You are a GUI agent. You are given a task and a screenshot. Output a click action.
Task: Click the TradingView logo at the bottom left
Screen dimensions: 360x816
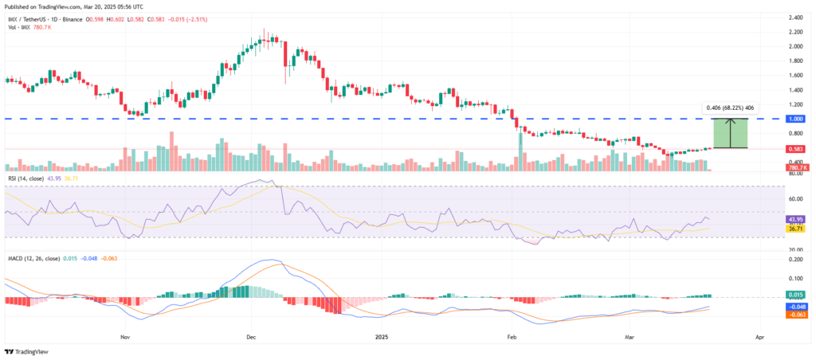[x=27, y=352]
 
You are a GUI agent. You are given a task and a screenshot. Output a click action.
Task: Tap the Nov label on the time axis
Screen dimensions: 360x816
[x=124, y=338]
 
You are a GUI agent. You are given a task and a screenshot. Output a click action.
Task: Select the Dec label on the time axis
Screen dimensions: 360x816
[x=250, y=338]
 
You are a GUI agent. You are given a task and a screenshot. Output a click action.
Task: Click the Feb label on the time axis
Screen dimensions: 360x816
[x=510, y=338]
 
